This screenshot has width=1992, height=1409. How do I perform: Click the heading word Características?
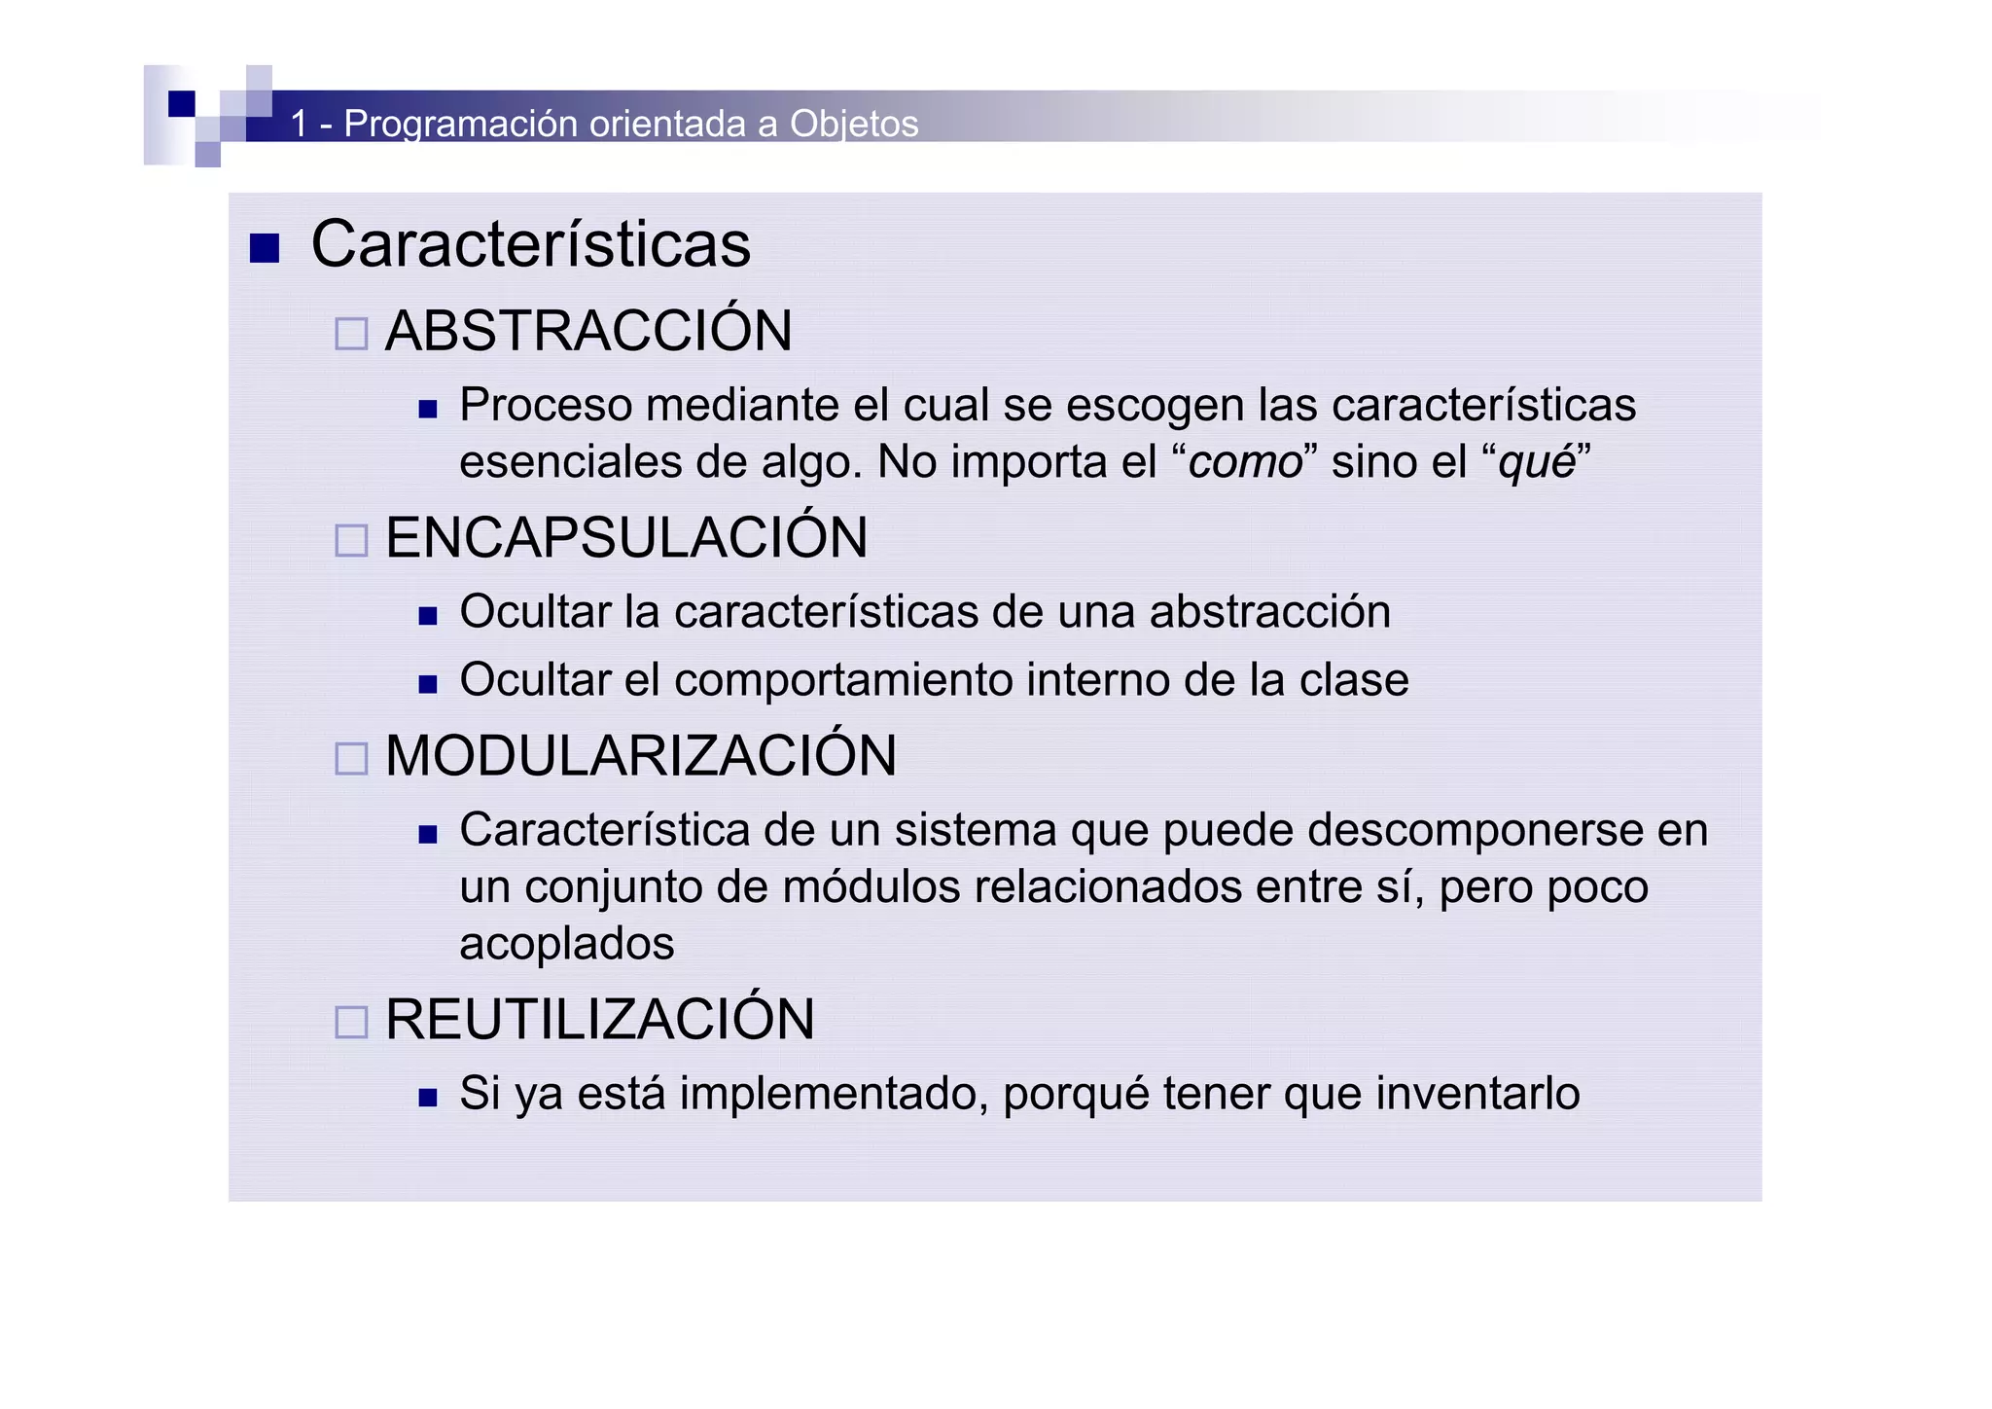tap(530, 244)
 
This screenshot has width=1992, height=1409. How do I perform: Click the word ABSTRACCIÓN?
tap(588, 331)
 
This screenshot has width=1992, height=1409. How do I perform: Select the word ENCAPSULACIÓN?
tap(626, 538)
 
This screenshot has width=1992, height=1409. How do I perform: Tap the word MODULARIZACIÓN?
tap(640, 756)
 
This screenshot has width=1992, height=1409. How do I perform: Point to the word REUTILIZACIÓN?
tap(599, 1020)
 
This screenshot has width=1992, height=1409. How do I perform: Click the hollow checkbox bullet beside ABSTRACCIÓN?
tap(351, 334)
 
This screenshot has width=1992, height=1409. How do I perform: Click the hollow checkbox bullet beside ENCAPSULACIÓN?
tap(351, 540)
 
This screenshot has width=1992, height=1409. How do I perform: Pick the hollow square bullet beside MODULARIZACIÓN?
tap(351, 759)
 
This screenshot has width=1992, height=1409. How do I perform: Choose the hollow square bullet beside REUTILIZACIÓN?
tap(351, 1023)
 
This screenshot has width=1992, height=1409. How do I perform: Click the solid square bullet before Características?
tap(265, 248)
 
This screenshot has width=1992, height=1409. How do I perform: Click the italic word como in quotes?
tap(1245, 462)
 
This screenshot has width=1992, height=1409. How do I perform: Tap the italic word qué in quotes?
tap(1537, 462)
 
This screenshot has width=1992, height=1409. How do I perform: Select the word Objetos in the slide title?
tap(854, 125)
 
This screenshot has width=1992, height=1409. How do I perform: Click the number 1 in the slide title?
tap(300, 124)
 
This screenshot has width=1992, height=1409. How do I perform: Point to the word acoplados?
tap(566, 945)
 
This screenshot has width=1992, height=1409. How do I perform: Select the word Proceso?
tap(546, 406)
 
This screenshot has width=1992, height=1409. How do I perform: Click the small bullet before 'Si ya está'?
tap(428, 1098)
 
